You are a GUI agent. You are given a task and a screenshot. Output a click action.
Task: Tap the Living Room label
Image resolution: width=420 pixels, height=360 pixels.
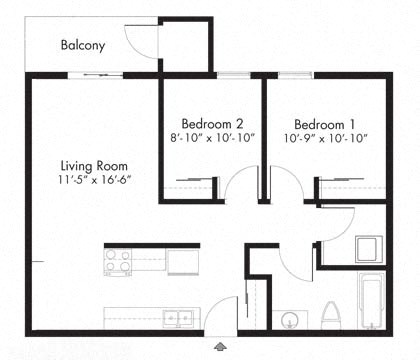[93, 165]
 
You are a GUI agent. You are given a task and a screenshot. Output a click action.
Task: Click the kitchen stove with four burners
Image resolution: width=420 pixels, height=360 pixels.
[119, 262]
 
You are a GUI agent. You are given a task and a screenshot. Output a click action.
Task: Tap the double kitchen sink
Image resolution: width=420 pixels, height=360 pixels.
[180, 318]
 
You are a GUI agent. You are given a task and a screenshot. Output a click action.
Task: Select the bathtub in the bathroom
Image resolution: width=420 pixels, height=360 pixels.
[370, 303]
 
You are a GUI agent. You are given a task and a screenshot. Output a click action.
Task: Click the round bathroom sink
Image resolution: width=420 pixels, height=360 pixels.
[290, 320]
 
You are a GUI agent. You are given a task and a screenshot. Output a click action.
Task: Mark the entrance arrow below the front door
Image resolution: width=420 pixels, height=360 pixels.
[219, 346]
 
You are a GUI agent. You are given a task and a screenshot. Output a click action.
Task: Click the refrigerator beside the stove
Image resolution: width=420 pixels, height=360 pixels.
[182, 261]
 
